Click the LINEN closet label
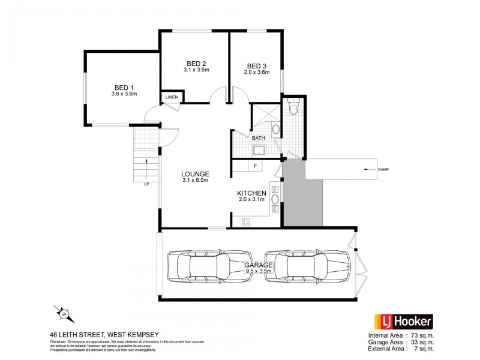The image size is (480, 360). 172,97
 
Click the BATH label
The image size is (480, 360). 259,138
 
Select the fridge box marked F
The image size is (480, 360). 256,166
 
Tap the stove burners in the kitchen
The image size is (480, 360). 246,221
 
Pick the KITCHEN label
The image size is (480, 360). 252,193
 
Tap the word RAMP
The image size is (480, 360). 385,170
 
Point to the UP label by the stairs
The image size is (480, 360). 146,184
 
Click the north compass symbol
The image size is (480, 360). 62,313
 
